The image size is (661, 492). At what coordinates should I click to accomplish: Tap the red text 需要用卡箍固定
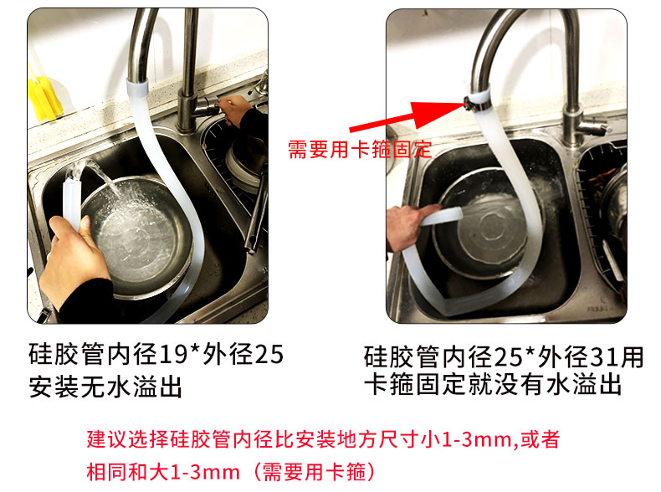tap(360, 150)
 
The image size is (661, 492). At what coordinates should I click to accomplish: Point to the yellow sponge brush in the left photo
tap(44, 96)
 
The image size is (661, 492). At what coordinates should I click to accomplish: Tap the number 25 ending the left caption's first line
tap(269, 354)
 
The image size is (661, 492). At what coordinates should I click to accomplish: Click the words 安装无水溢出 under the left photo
tap(105, 387)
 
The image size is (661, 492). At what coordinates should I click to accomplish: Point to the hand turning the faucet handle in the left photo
tap(236, 109)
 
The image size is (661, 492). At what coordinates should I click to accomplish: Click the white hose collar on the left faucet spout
tap(137, 90)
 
